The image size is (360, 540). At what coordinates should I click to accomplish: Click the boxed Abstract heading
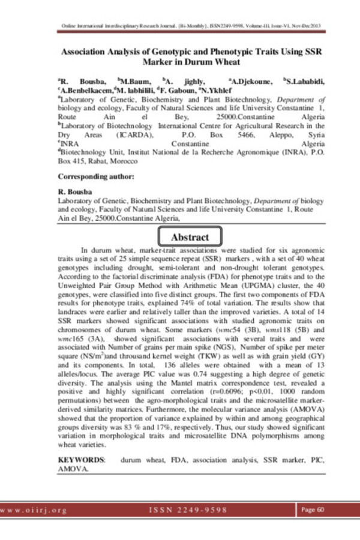coord(190,238)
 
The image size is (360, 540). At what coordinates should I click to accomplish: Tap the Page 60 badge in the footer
coord(314,509)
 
